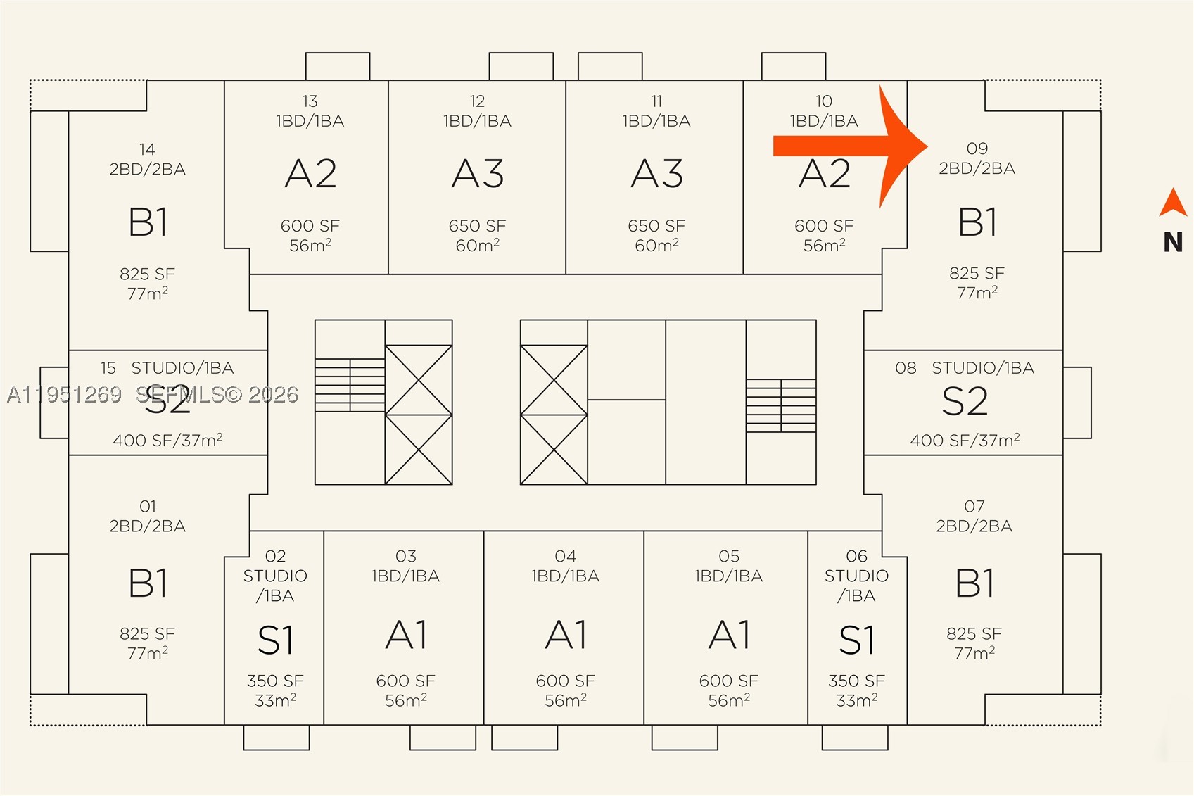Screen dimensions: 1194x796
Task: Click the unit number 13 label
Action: point(310,101)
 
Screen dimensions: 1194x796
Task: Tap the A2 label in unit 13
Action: point(311,174)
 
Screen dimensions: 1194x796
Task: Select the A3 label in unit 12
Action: point(478,174)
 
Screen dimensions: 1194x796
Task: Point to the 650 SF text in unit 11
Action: point(656,225)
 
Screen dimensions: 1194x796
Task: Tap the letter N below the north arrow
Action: point(1173,242)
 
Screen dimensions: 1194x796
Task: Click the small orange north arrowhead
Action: point(1173,203)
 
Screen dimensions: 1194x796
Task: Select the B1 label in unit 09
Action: point(977,222)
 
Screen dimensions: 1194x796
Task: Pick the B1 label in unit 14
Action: point(148,222)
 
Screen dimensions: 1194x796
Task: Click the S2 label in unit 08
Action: point(965,401)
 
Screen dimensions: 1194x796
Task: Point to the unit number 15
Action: point(108,368)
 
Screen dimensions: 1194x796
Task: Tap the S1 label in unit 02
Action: point(275,640)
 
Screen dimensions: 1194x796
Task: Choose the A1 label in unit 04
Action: point(566,635)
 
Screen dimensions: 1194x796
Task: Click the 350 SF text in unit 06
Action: point(856,681)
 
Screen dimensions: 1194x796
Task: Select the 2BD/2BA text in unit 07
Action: point(974,526)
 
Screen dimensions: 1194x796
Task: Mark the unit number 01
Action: point(148,506)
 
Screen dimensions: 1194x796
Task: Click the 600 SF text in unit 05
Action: point(729,681)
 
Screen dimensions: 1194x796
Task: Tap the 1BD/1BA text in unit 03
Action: point(406,576)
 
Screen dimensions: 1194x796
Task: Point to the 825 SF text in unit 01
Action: point(148,633)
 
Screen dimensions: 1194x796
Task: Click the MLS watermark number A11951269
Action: point(65,395)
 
